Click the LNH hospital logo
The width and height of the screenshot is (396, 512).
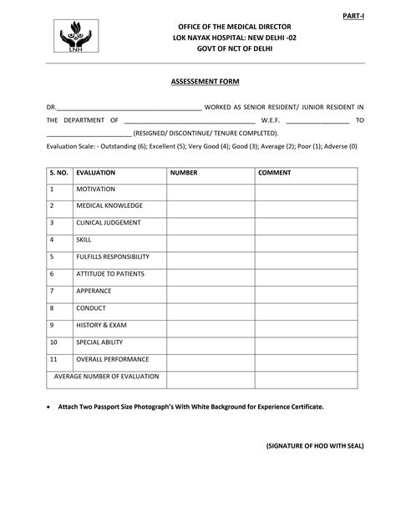click(75, 39)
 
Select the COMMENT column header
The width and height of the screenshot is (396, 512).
click(275, 173)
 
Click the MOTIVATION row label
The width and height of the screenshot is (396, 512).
click(94, 190)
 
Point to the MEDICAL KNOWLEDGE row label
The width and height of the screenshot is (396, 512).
click(109, 206)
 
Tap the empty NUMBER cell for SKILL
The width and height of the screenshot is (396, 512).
click(210, 240)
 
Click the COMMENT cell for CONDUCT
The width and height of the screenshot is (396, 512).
click(305, 308)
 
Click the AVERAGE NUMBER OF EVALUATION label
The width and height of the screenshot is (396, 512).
click(106, 378)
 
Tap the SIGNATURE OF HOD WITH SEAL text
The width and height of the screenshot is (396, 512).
click(316, 446)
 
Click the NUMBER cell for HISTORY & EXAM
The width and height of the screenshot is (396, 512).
click(210, 325)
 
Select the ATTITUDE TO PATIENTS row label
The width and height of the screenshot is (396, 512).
click(110, 274)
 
